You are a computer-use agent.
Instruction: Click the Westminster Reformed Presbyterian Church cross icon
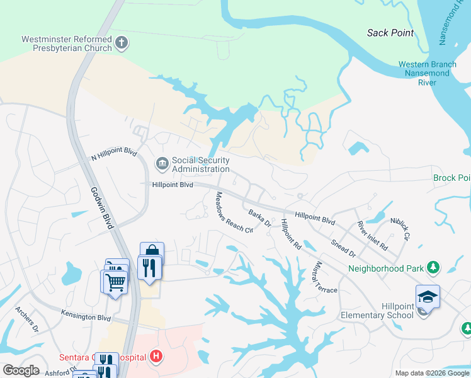click(122, 43)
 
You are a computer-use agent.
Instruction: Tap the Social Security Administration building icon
click(162, 164)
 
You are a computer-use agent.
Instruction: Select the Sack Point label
click(390, 32)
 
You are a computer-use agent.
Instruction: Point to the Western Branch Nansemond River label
click(426, 73)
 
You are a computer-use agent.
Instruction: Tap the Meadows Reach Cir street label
click(234, 213)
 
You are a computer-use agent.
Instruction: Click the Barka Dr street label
click(259, 218)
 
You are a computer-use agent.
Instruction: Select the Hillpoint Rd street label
click(291, 234)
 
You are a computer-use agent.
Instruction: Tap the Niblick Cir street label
click(400, 228)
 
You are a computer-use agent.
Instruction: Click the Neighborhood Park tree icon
click(433, 268)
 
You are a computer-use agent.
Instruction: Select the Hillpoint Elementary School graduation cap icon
click(428, 296)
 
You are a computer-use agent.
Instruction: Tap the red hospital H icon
click(157, 357)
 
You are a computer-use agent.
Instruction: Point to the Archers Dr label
click(27, 319)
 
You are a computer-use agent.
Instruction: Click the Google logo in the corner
click(21, 370)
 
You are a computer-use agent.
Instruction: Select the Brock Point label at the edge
click(451, 178)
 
